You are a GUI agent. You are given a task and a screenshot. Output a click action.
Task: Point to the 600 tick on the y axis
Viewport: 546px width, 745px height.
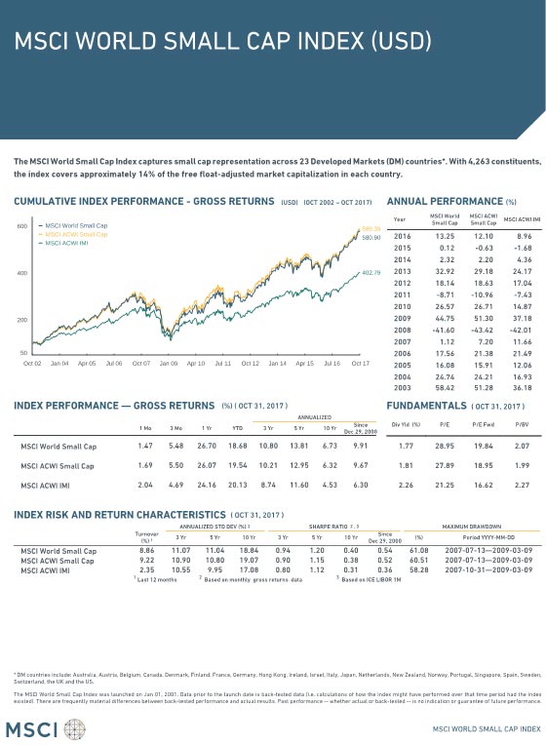click(x=20, y=226)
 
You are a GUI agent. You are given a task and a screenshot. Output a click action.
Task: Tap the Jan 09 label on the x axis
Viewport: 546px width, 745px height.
click(x=169, y=363)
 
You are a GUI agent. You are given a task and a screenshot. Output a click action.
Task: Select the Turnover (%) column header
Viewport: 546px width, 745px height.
click(x=146, y=536)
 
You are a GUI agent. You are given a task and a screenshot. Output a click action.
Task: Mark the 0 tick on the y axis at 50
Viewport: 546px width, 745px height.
click(x=21, y=351)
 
